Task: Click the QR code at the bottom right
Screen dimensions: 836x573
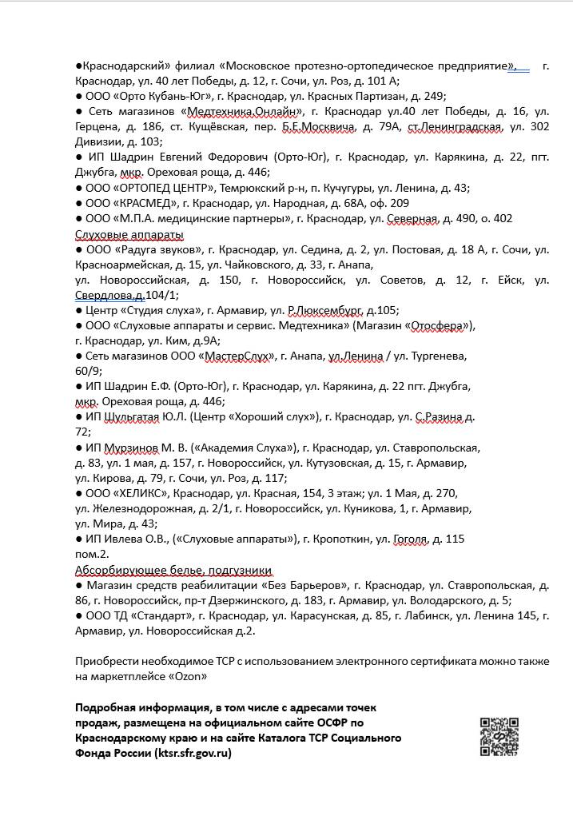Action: [x=499, y=737]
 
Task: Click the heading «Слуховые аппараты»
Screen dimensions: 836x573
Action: [x=129, y=234]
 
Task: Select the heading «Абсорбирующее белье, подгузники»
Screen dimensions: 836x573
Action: [x=173, y=570]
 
